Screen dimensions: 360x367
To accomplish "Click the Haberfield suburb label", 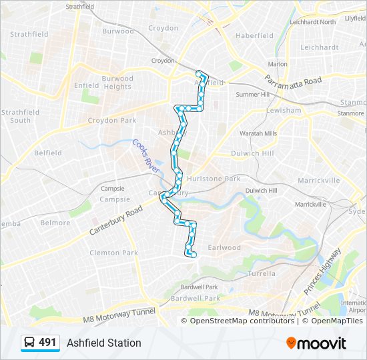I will pos(255,35).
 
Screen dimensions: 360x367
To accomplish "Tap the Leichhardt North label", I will pos(313,22).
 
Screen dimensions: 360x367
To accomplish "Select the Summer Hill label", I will pos(253,95).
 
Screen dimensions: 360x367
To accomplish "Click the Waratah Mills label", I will pos(258,133).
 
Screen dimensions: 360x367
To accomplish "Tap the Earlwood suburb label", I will pos(224,247).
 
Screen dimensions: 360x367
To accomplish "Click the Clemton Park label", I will pos(113,253).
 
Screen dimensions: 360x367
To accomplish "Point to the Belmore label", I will pos(55,223).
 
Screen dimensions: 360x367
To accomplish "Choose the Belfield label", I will pos(48,153).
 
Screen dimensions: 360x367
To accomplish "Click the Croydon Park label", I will pos(112,121).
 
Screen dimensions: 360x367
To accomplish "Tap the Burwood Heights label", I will pos(117,83).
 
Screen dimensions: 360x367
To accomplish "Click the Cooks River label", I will pos(145,157).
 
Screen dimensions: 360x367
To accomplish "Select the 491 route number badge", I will pos(40,343).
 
